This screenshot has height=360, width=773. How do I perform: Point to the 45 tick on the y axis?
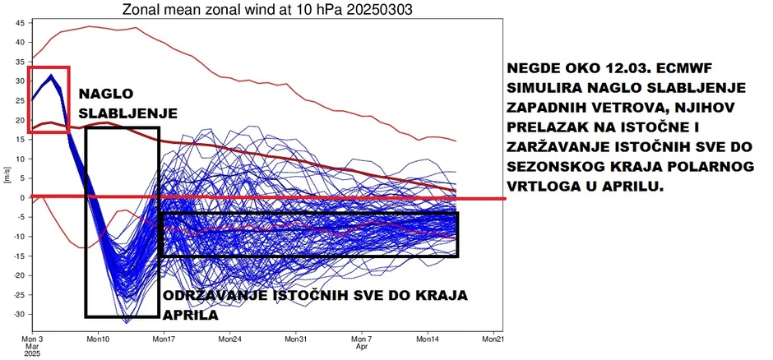coord(19,21)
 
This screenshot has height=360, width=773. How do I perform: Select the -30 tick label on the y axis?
coord(17,314)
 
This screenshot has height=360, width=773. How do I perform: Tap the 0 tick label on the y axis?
coord(23,197)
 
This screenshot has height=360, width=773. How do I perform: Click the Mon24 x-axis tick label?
coord(229,338)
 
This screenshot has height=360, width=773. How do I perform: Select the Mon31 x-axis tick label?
coord(295,338)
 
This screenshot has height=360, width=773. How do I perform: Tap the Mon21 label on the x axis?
coord(493,338)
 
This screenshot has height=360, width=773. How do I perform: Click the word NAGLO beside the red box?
coord(105,93)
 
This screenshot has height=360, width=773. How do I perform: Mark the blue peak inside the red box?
coord(52,76)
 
